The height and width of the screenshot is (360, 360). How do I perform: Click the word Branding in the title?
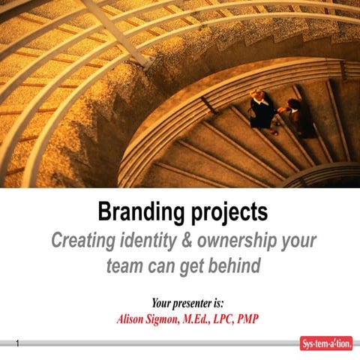click(x=136, y=213)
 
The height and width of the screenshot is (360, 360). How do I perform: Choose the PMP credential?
click(x=267, y=318)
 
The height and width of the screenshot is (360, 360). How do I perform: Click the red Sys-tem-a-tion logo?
click(x=325, y=343)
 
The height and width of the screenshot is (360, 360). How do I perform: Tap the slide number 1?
click(x=16, y=343)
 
